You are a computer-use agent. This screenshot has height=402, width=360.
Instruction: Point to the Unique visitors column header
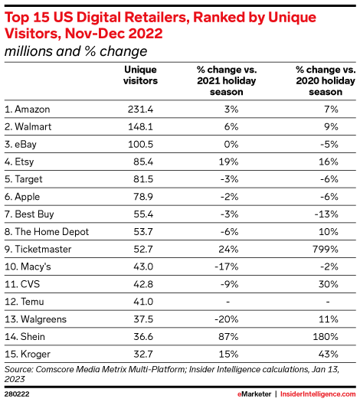[141, 75]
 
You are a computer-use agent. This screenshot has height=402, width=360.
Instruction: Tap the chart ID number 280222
[17, 392]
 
